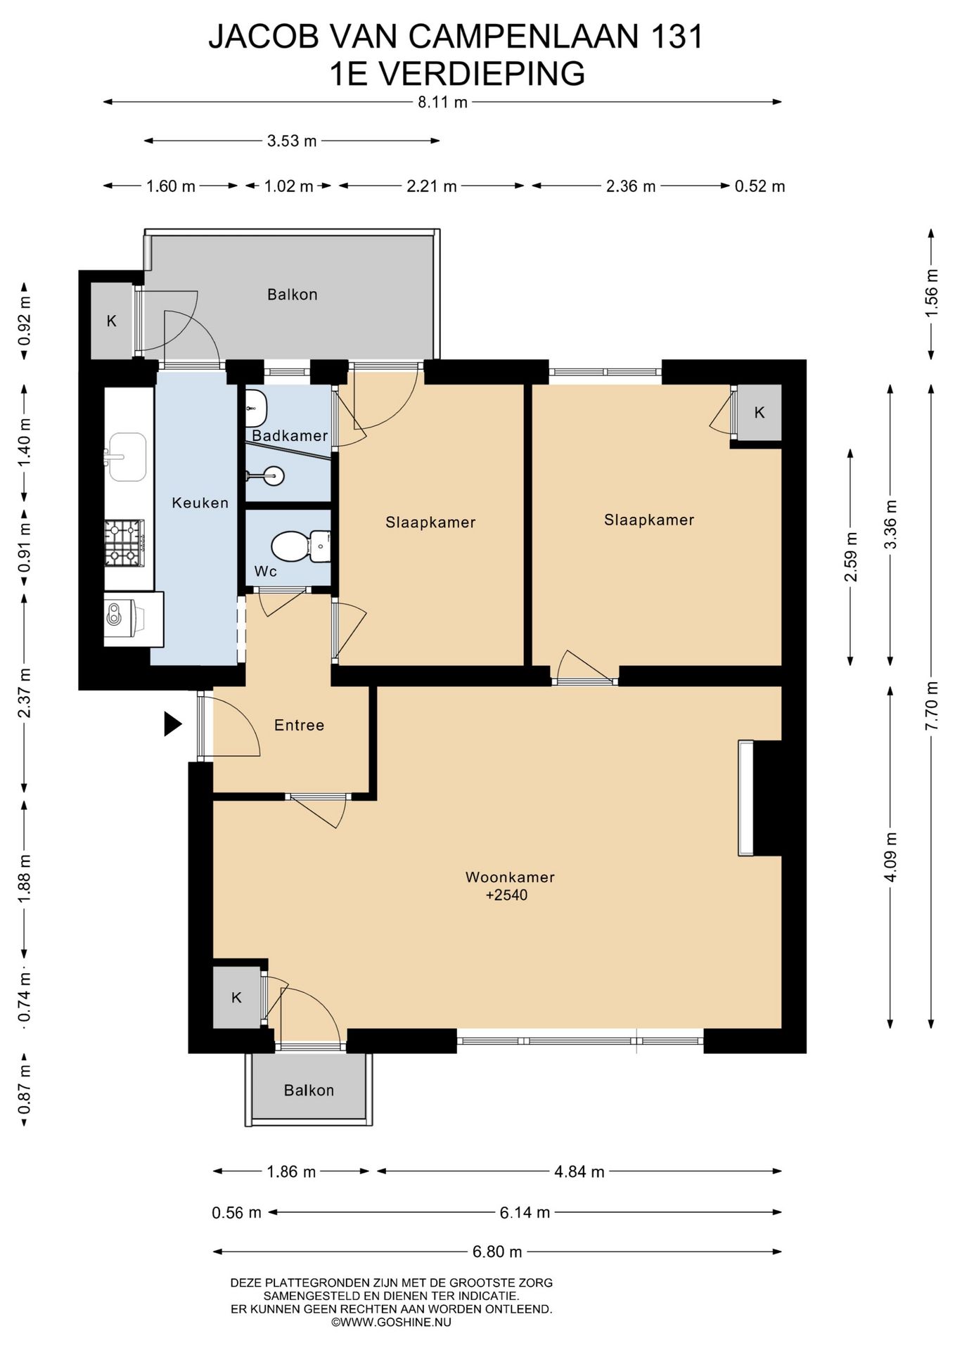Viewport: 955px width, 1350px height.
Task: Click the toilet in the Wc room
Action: [300, 546]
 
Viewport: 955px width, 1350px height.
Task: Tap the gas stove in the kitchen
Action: [124, 543]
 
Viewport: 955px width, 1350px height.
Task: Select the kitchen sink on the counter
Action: [126, 457]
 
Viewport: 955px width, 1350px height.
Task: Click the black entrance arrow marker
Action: [172, 724]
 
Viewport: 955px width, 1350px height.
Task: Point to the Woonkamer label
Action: [510, 877]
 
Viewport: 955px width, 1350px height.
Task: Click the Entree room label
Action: [299, 725]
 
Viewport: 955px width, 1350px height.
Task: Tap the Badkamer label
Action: [290, 435]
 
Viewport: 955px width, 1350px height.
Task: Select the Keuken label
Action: [200, 503]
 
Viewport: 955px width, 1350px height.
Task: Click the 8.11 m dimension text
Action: [442, 102]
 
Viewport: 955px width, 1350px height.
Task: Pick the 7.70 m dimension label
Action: [932, 705]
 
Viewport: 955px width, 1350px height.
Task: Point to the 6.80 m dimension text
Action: [496, 1252]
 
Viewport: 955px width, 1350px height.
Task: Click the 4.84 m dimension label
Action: [579, 1171]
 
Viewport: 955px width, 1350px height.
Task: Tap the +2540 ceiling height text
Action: [506, 895]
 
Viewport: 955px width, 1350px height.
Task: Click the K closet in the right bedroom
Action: [759, 413]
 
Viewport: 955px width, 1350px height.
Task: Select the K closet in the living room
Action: [237, 998]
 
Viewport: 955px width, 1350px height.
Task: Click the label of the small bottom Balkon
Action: [309, 1090]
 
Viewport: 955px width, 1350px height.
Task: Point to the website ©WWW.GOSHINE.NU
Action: [391, 1322]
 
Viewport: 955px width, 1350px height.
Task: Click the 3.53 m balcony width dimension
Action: [292, 141]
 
